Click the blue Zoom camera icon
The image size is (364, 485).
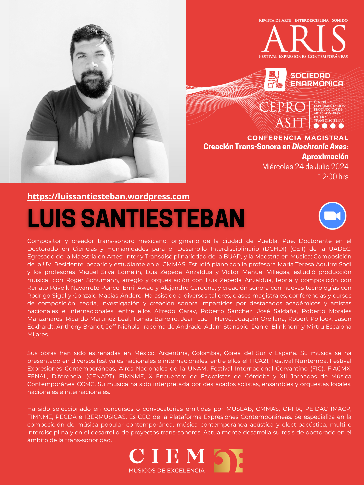[x=332, y=216]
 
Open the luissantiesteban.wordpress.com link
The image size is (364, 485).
[x=108, y=197]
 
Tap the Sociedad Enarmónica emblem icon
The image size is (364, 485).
[x=275, y=80]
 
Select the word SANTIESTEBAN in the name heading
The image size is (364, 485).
[x=162, y=218]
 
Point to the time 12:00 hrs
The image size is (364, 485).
[x=333, y=177]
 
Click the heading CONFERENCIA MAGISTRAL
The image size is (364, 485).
[x=298, y=138]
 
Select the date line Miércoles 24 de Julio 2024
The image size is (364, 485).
[x=305, y=167]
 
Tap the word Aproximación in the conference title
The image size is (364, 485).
[x=325, y=157]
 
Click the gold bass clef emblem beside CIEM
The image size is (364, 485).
[x=228, y=461]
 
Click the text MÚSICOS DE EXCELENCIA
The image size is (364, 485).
[x=166, y=471]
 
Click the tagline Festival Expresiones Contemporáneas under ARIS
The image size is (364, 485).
[x=303, y=56]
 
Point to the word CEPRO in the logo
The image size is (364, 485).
[x=282, y=107]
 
